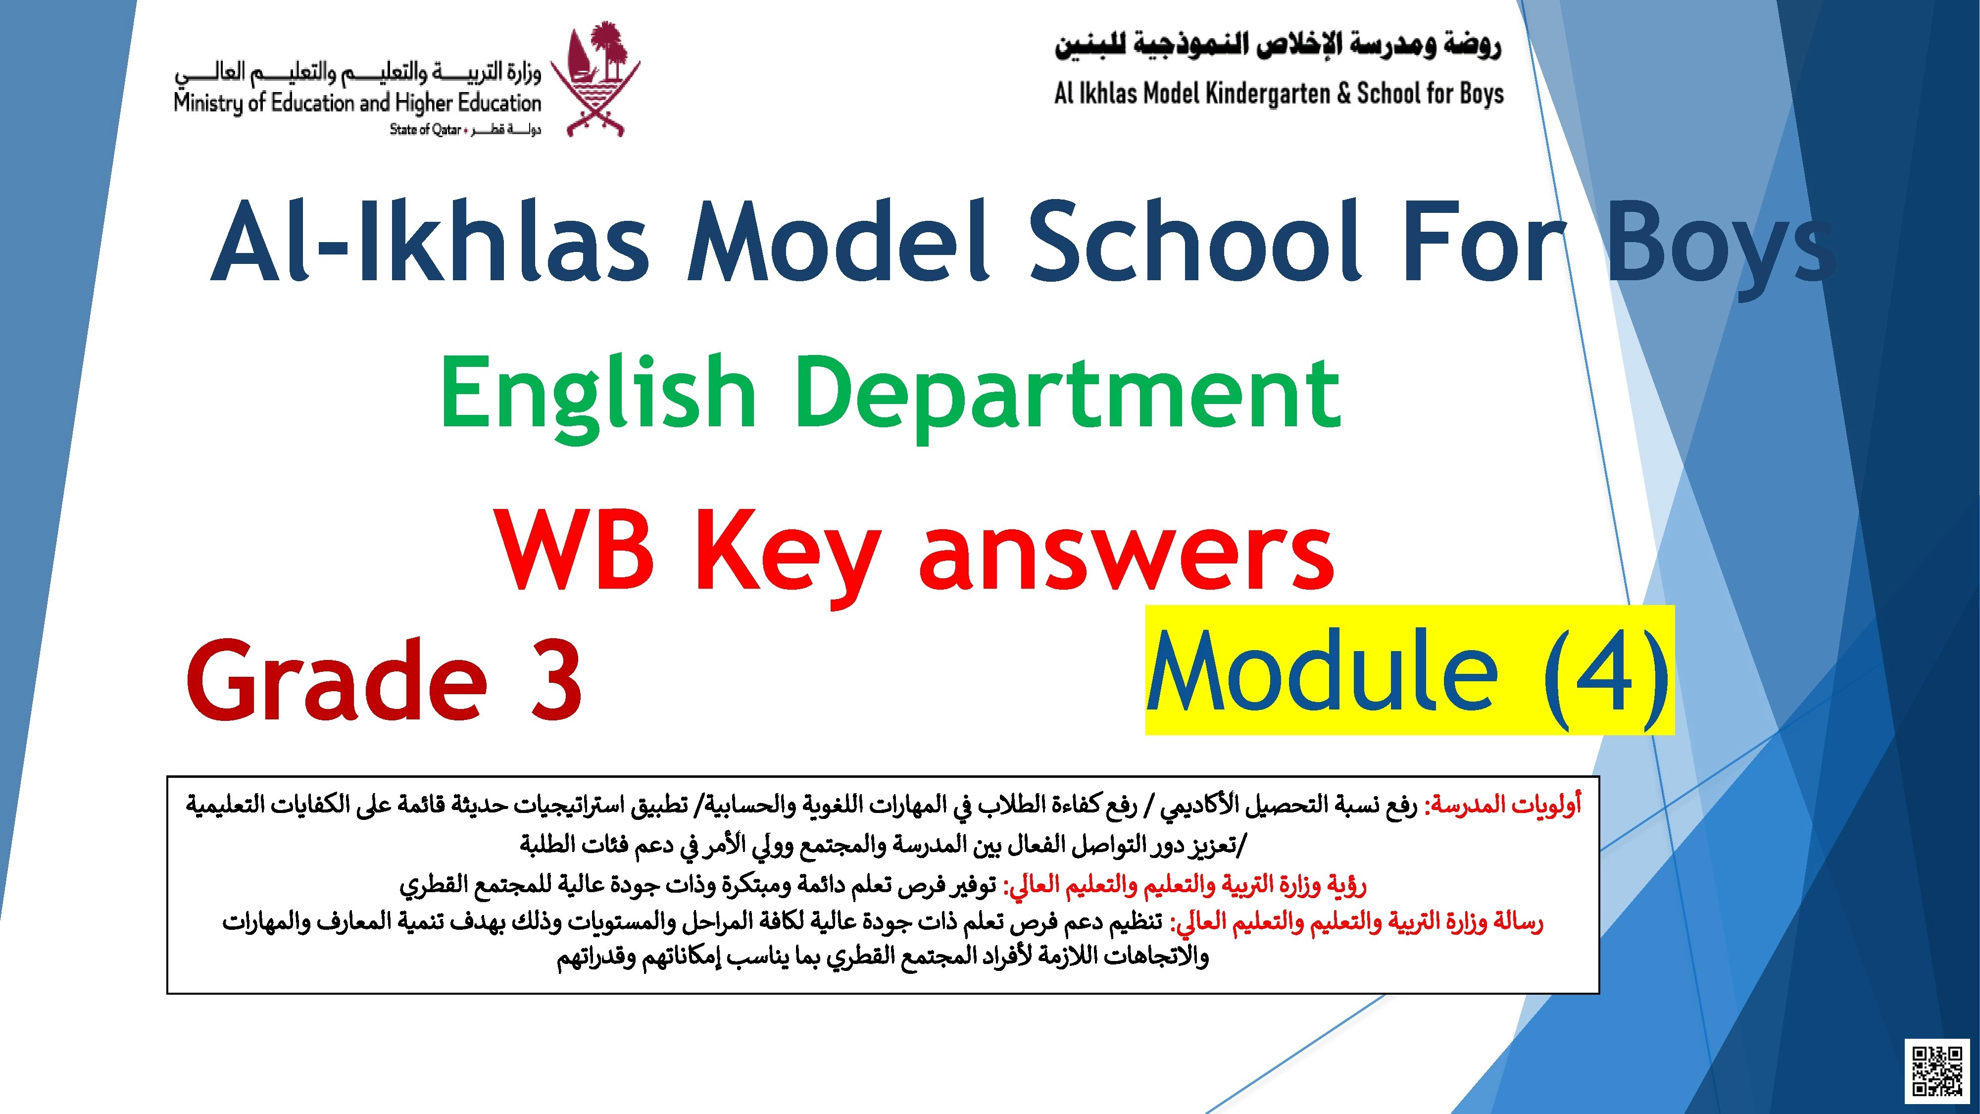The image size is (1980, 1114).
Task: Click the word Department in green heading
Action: [1068, 394]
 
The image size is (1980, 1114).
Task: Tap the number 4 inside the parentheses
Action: [1608, 670]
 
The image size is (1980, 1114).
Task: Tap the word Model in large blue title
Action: [839, 242]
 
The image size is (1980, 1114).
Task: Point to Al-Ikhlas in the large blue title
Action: [431, 242]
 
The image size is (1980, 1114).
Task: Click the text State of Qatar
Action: [424, 129]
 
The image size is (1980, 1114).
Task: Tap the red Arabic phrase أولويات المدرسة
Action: [1503, 805]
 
